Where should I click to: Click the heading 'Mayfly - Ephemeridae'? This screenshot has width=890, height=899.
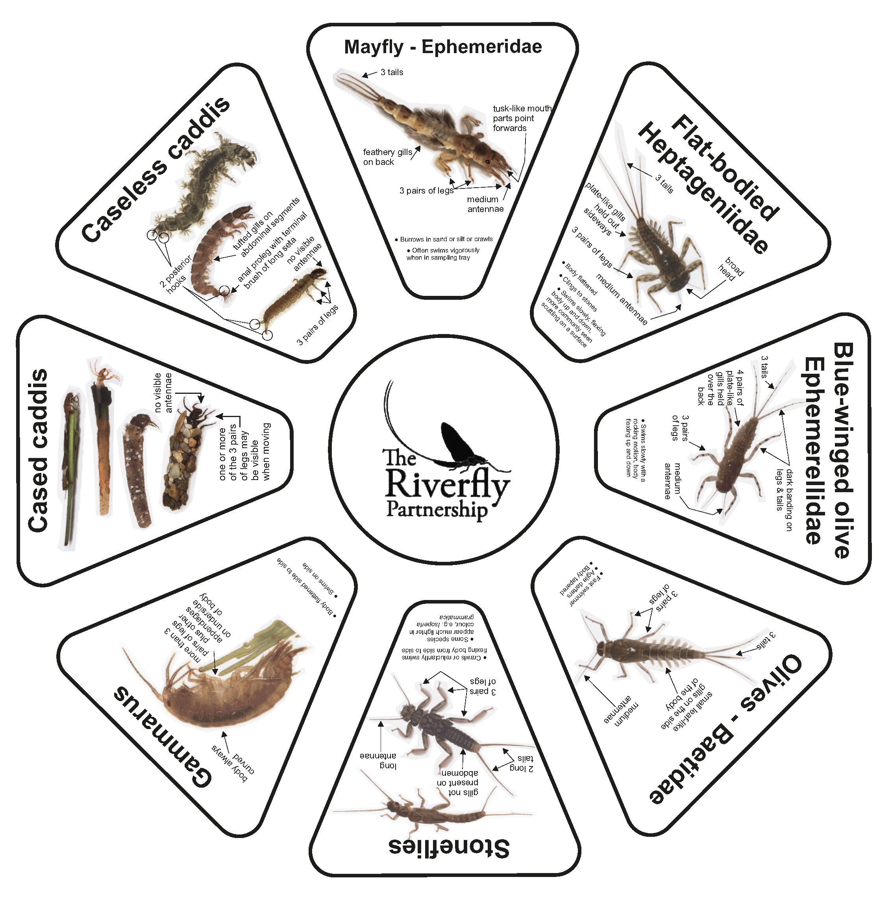(x=443, y=47)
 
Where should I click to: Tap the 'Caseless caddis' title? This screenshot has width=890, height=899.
(x=156, y=170)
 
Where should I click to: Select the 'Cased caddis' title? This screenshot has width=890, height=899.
(x=38, y=450)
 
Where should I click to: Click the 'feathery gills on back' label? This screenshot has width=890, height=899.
(x=387, y=157)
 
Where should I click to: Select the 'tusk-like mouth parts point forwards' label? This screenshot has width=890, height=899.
(x=521, y=118)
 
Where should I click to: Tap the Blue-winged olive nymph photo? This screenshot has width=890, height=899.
(x=735, y=451)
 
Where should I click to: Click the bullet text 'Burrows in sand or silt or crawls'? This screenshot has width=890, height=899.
(x=446, y=239)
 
